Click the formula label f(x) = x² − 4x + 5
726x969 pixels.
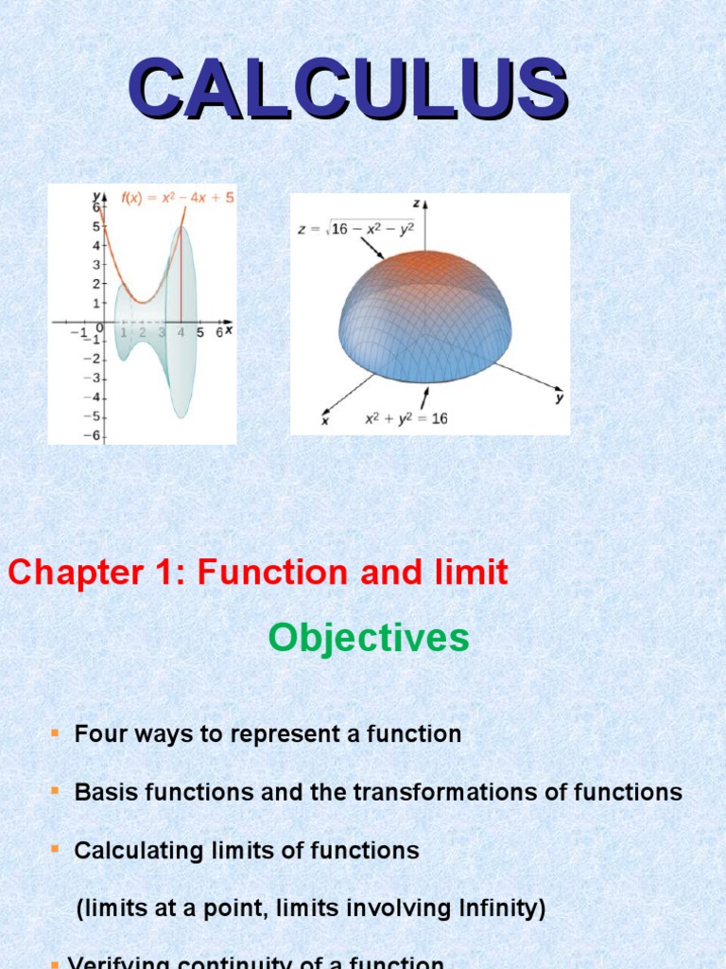point(178,198)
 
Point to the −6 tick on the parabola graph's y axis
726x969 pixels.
point(94,434)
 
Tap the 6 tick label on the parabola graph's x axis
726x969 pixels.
point(218,332)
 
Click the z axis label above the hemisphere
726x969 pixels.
point(417,203)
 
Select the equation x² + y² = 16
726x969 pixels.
point(406,418)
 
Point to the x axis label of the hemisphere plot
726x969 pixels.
point(325,421)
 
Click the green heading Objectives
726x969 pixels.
point(369,639)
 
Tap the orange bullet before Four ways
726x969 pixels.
point(55,733)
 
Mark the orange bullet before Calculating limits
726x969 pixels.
point(55,850)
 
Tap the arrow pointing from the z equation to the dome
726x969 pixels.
point(372,248)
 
